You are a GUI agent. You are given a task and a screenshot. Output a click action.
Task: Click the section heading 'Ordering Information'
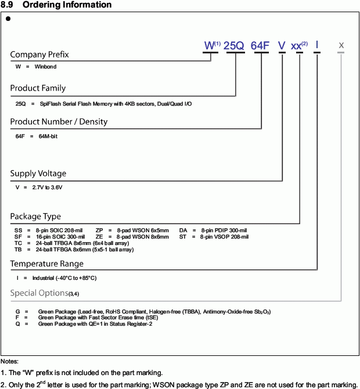coord(66,5)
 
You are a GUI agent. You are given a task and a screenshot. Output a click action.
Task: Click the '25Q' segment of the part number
coord(234,45)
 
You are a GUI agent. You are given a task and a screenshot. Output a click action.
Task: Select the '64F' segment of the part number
coord(260,45)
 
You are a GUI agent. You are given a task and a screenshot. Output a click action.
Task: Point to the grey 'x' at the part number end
coord(341,45)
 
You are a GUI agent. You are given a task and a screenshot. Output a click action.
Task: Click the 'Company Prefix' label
coord(39,55)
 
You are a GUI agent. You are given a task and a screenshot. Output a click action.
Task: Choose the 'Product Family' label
coord(38,88)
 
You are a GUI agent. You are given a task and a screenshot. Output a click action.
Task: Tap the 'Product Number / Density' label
coord(59,122)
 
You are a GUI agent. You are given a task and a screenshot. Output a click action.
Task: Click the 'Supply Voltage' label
coord(38,174)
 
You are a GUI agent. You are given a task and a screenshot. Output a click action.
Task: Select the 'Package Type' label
coord(35,217)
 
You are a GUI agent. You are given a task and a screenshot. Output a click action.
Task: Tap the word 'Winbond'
coord(45,66)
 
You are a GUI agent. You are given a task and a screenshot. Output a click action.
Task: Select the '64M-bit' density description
coord(48,136)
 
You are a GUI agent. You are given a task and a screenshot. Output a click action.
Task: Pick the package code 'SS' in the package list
coord(18,230)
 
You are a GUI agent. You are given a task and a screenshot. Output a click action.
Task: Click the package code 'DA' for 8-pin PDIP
coord(183,230)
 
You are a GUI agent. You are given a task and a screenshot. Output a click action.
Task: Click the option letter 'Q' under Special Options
coord(17,324)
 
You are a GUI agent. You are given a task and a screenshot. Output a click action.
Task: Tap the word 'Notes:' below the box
coord(10,362)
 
